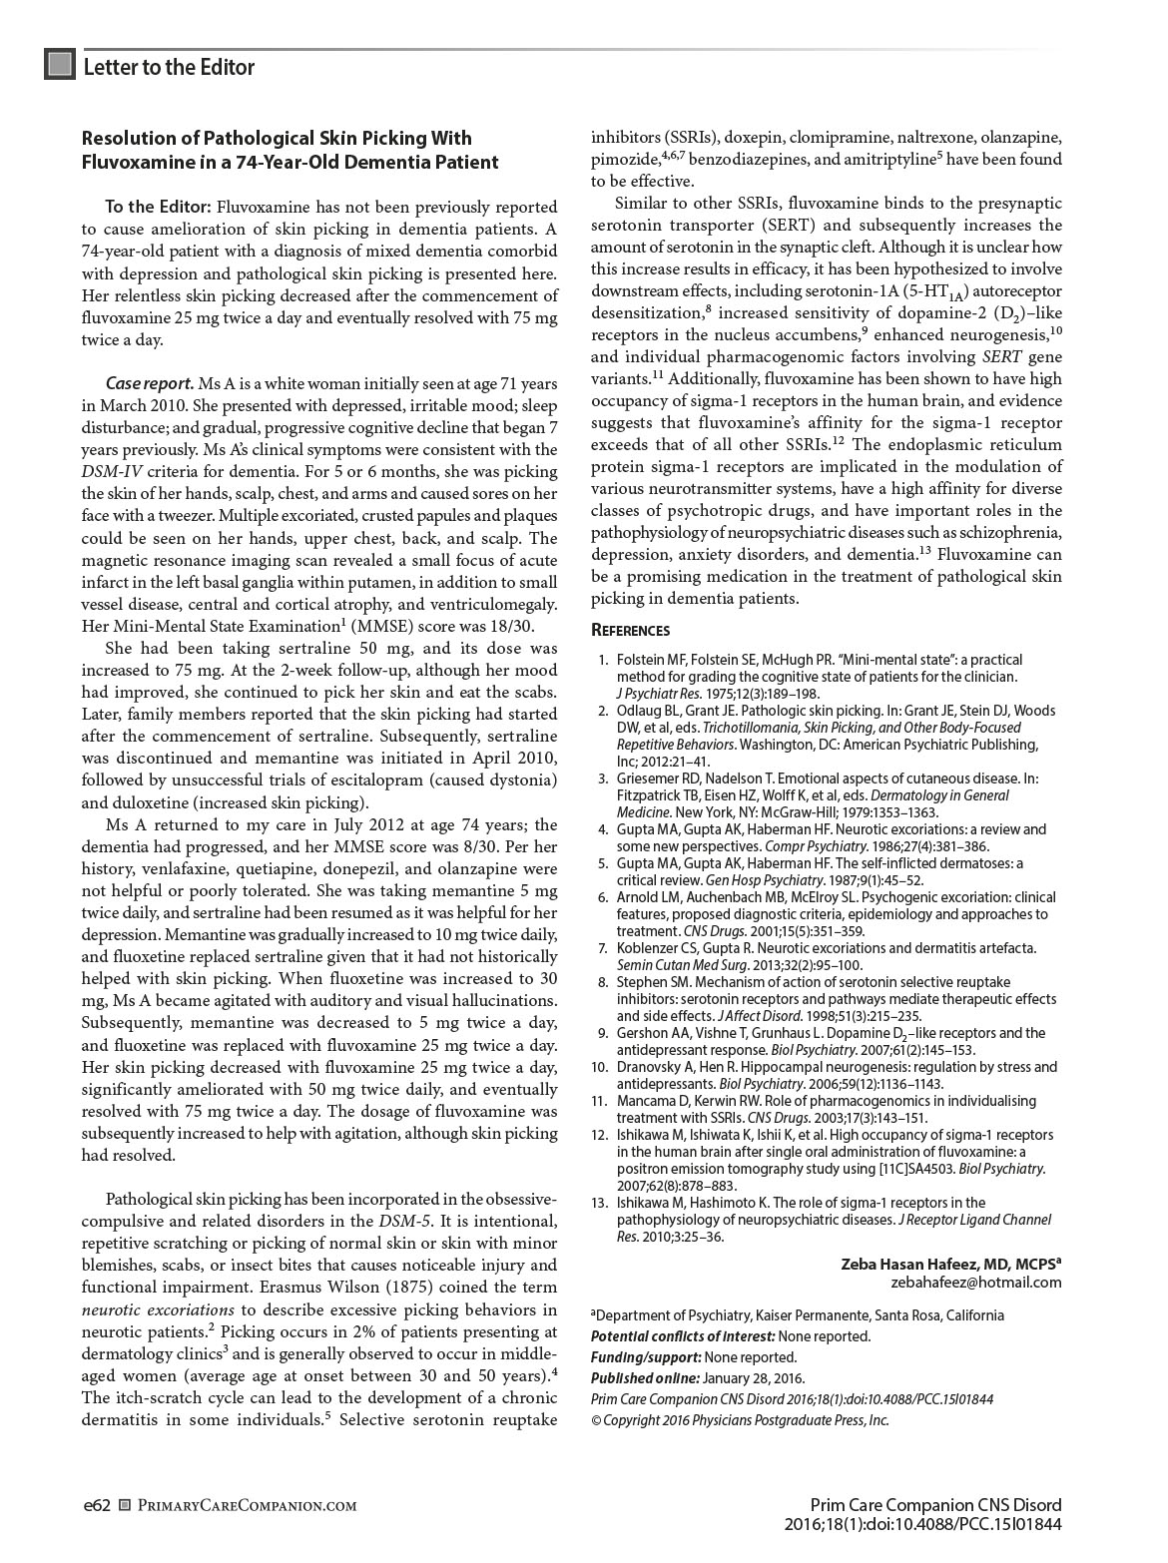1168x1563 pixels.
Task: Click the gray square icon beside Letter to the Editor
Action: pos(60,65)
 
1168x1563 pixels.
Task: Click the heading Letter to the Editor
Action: pos(169,67)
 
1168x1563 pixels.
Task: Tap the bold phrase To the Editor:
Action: pos(158,207)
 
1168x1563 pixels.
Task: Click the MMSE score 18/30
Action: pos(509,626)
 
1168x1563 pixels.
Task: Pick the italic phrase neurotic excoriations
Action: pos(158,1309)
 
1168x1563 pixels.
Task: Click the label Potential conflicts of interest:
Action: pos(683,1336)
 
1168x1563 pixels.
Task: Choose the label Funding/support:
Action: pos(645,1357)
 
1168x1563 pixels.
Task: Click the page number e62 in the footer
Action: pos(96,1504)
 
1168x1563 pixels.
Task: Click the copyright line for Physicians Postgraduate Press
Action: pos(740,1420)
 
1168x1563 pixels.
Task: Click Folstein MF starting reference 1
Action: pos(652,660)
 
